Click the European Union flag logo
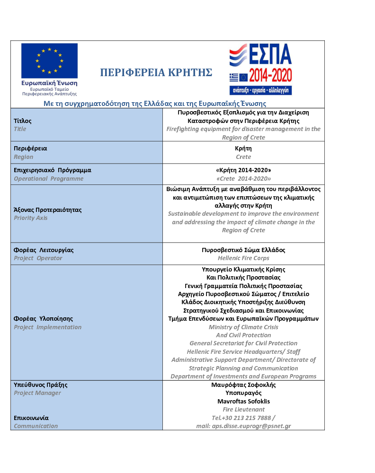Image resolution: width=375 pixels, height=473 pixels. click(49, 61)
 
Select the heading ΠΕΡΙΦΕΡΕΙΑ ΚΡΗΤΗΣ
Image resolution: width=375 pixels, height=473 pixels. click(156, 72)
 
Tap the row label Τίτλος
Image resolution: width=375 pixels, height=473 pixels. click(23, 121)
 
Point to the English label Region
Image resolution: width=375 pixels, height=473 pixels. click(24, 157)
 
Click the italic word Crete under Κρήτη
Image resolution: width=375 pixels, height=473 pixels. click(243, 157)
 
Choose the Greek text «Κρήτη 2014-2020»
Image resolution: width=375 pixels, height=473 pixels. click(243, 170)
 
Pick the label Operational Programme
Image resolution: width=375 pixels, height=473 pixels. click(49, 178)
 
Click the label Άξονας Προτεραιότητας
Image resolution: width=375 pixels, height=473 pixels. click(48, 210)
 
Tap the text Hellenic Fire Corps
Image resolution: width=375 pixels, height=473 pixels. click(243, 258)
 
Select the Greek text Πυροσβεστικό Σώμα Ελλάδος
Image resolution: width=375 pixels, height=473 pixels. click(243, 250)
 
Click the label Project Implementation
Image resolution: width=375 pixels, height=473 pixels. click(48, 327)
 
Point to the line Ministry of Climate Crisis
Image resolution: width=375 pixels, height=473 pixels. click(243, 327)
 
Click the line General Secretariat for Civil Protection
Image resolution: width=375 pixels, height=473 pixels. click(243, 343)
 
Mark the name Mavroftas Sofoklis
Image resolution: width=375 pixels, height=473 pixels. click(243, 401)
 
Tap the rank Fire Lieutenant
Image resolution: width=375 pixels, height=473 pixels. click(243, 409)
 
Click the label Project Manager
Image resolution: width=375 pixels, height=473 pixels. click(37, 393)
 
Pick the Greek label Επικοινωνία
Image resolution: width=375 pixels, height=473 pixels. click(31, 418)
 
